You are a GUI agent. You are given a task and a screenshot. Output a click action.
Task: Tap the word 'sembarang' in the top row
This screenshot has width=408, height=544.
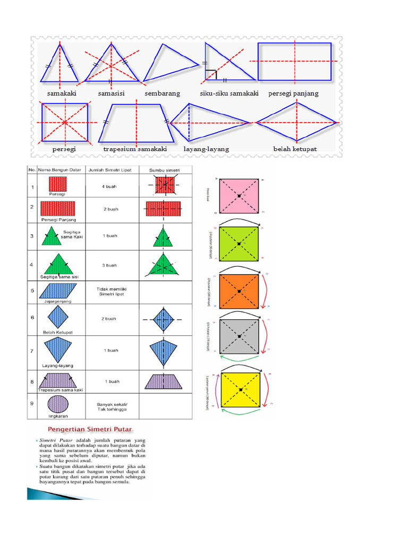(163, 93)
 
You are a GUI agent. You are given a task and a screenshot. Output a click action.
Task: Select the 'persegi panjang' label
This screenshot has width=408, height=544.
(294, 93)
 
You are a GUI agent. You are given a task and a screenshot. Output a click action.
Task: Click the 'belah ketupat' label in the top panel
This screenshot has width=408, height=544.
(295, 149)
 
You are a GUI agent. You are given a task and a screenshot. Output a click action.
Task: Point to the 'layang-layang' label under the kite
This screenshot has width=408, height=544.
(207, 149)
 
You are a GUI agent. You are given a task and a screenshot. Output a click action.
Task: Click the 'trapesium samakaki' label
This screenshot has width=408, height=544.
(135, 149)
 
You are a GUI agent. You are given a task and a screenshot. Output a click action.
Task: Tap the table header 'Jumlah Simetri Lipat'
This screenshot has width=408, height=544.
(110, 169)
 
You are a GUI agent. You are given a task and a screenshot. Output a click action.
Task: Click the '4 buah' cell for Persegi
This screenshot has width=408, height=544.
(110, 186)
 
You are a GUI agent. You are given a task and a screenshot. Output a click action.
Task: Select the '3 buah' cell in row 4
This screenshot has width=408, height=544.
(110, 265)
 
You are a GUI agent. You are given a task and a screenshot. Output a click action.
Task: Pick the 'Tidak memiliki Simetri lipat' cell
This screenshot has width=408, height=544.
(110, 292)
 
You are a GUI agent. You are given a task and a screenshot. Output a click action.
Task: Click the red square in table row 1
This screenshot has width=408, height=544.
(57, 184)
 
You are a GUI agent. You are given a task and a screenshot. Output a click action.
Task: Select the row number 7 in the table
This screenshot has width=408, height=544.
(33, 351)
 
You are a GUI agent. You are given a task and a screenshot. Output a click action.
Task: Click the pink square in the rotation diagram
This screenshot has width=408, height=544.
(240, 196)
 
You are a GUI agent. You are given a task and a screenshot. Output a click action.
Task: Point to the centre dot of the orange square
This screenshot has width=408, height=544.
(240, 292)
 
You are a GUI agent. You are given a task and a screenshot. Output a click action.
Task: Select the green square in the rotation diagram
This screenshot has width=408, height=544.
(240, 244)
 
